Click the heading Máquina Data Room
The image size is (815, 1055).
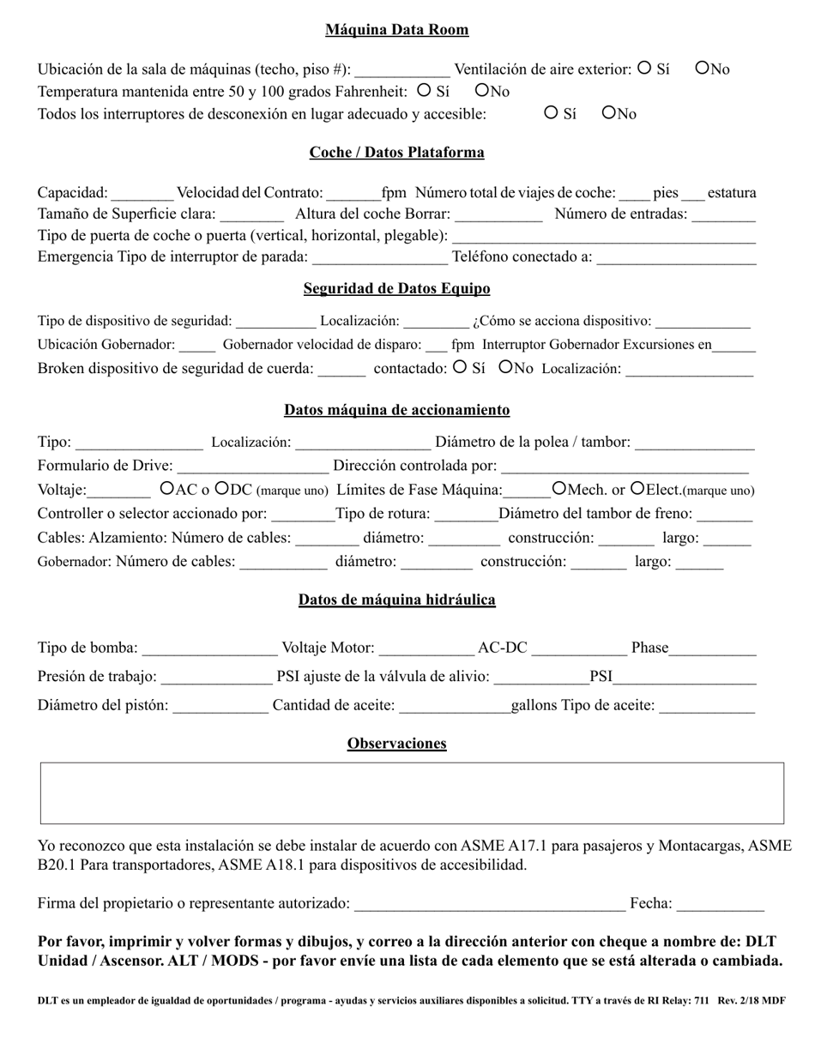point(396,30)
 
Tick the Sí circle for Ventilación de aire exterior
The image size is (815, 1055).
point(645,69)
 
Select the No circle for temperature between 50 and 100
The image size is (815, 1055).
point(482,89)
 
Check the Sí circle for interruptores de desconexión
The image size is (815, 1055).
point(552,112)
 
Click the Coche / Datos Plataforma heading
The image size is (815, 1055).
point(396,153)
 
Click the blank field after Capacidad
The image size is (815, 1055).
point(142,194)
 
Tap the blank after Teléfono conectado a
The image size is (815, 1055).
point(676,258)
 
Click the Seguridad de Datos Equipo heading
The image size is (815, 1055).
point(396,289)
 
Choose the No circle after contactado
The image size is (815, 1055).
point(505,366)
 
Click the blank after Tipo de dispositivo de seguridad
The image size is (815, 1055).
point(275,322)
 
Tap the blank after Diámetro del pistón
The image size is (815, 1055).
point(220,707)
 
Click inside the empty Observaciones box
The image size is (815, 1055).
point(412,793)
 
